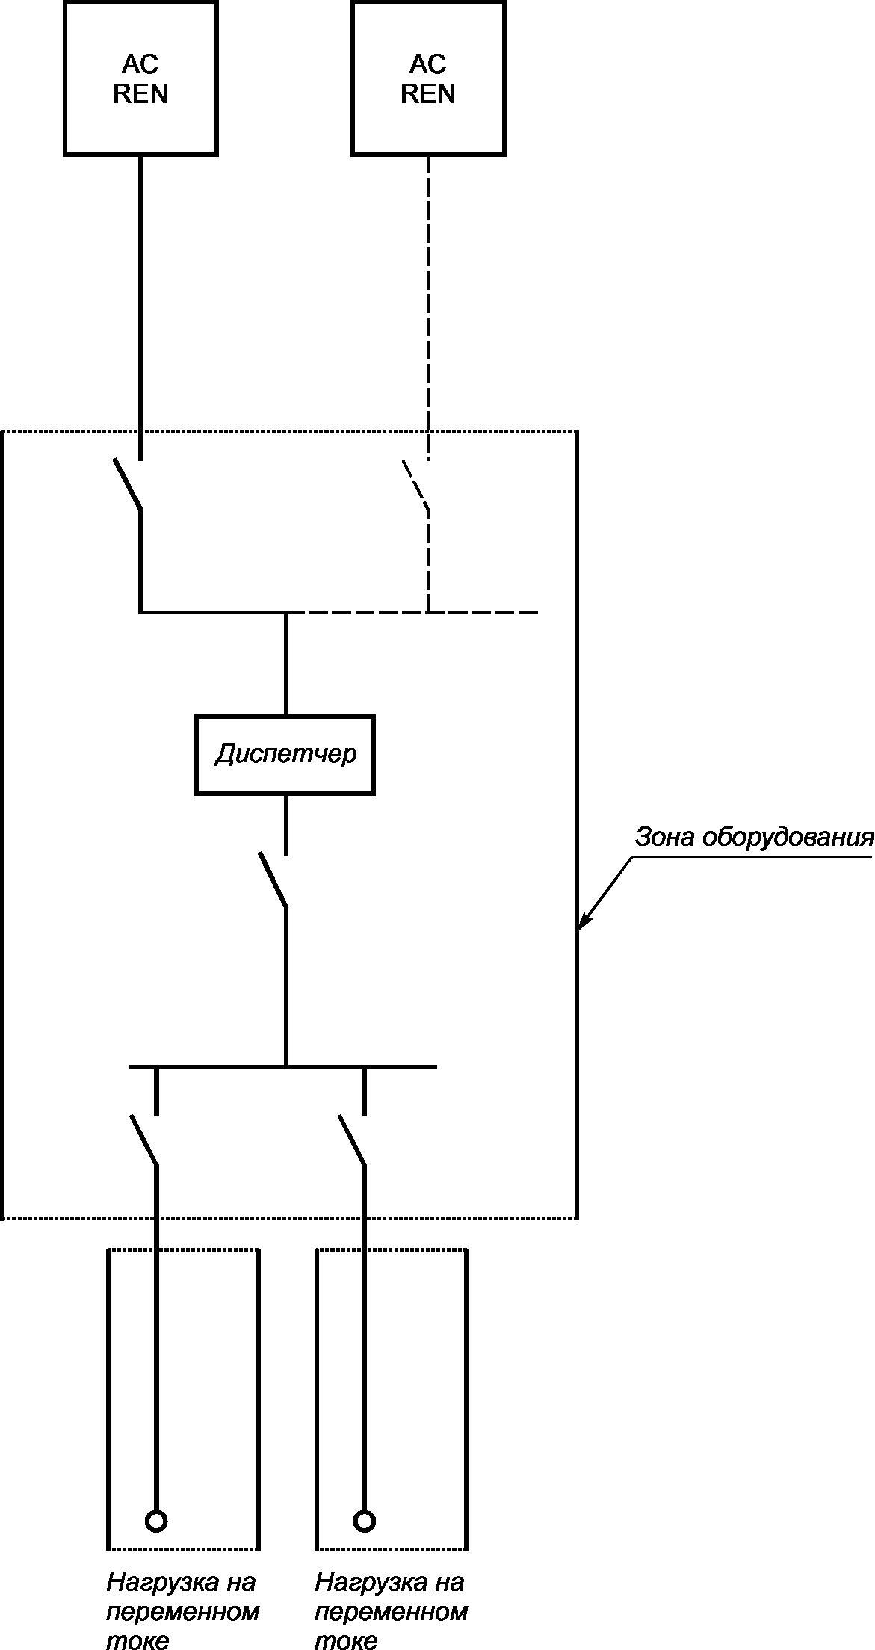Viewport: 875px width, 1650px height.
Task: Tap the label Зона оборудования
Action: [x=754, y=837]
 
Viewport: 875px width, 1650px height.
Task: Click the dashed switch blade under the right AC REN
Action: [x=415, y=485]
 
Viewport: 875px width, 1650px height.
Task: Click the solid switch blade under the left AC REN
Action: [x=128, y=485]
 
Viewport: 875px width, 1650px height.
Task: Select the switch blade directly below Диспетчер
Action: [x=273, y=880]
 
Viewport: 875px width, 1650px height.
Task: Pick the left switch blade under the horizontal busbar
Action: [x=143, y=1140]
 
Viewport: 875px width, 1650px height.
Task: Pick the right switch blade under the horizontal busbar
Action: [x=352, y=1140]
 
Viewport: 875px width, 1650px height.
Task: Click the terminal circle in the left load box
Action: [x=156, y=1521]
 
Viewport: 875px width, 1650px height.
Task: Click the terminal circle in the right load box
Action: [x=365, y=1521]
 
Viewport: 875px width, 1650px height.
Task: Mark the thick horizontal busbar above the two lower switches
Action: [x=283, y=1066]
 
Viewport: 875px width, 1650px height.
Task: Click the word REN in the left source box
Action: [x=140, y=94]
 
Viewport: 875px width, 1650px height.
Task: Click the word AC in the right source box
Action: [x=428, y=64]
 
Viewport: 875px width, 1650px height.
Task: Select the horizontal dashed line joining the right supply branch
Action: [x=412, y=612]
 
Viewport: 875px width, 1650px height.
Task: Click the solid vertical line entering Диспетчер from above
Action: [x=285, y=664]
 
